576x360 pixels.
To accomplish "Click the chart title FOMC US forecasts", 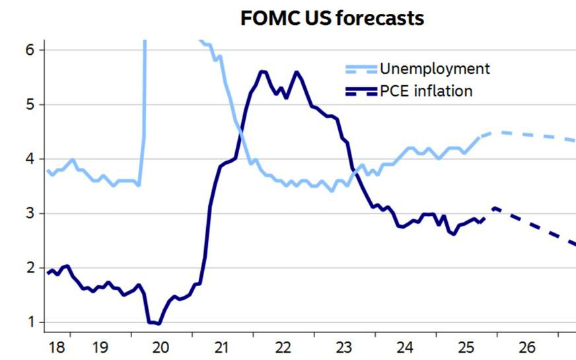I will [332, 18].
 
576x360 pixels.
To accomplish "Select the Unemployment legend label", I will [434, 68].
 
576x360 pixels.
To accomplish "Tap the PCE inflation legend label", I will [426, 90].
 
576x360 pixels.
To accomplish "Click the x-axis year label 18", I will [57, 347].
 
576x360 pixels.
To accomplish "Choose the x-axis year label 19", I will [100, 347].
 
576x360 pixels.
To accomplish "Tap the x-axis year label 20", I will [161, 347].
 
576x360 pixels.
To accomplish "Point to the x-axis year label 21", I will [221, 347].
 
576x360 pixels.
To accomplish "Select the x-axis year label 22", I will [283, 347].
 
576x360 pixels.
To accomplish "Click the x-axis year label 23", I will [343, 347].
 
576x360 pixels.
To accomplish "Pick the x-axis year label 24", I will [405, 347].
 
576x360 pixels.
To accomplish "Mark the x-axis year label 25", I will [466, 347].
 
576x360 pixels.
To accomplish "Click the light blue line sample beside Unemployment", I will [361, 69].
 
